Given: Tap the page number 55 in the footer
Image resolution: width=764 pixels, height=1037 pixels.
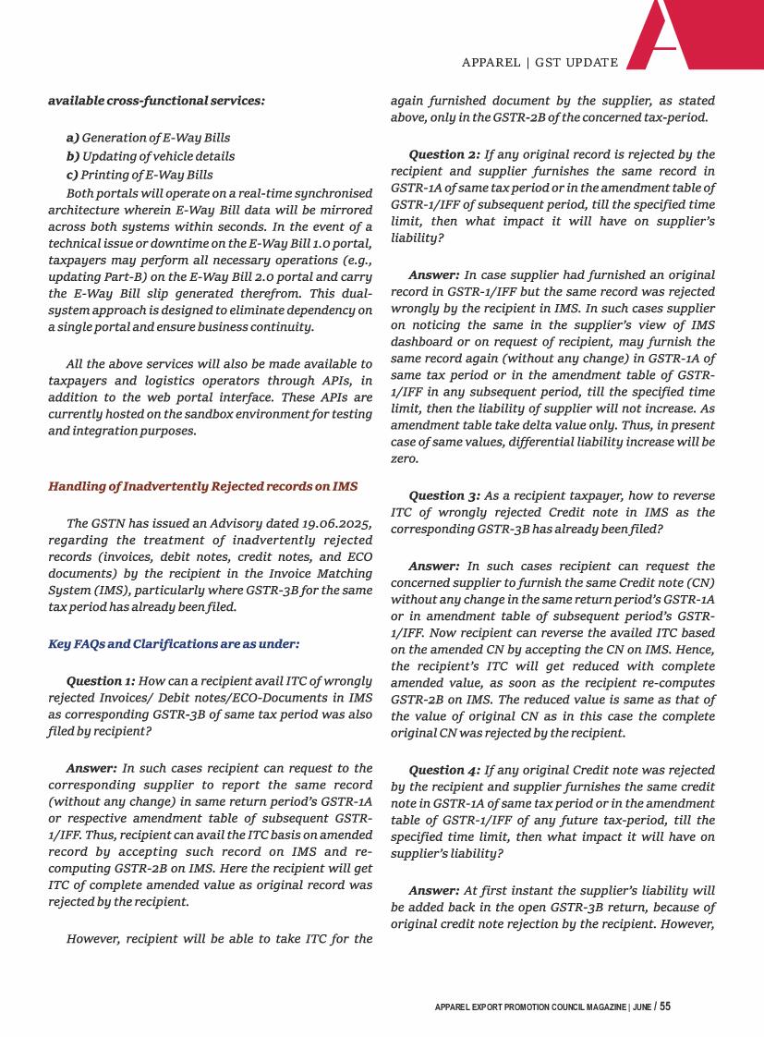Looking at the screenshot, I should click(665, 1006).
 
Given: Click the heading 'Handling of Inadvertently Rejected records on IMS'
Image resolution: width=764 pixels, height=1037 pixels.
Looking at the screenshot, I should click(202, 486).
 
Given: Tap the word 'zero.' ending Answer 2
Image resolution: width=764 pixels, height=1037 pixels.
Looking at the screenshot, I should click(405, 458).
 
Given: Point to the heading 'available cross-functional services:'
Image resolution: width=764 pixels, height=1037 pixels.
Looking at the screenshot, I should click(156, 100).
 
